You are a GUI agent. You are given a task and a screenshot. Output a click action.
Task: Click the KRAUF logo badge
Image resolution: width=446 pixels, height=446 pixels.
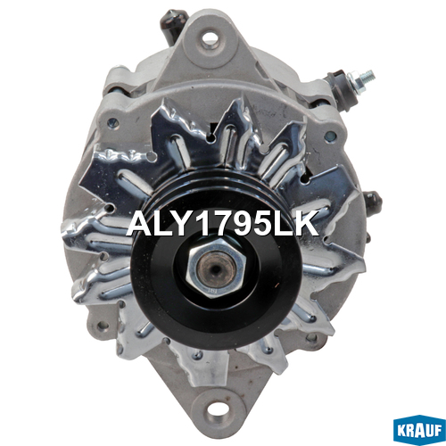coord(419,430)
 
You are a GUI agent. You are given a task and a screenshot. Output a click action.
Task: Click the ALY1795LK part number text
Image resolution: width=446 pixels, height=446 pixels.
coord(222,224)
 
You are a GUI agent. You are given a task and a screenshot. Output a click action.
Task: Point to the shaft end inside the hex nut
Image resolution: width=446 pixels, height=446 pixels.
coord(216,268)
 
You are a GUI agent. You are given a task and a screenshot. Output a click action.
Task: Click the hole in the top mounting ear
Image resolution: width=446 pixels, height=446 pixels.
coord(211,37)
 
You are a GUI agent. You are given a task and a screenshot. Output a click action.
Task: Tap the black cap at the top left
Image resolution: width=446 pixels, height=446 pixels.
coord(172,24)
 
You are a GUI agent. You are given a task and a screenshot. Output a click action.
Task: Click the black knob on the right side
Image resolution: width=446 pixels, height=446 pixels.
coord(373,201)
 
